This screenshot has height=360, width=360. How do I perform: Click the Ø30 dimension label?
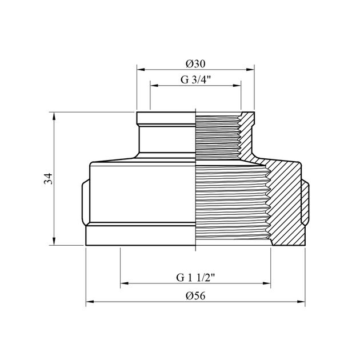tap(195, 63)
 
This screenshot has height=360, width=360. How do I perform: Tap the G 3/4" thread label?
tap(195, 79)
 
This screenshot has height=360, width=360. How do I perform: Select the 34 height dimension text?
tap(49, 179)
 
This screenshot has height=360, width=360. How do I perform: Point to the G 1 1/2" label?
tap(195, 277)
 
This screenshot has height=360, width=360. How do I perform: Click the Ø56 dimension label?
tap(195, 296)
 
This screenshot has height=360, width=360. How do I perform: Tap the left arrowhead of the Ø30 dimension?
tap(141, 69)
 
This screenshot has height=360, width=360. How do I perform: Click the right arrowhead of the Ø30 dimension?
tap(250, 69)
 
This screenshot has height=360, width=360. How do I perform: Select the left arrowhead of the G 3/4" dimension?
tap(154, 86)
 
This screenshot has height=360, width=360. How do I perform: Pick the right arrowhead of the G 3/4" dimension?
tap(237, 86)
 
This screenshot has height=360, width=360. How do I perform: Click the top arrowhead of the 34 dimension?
tap(54, 116)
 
